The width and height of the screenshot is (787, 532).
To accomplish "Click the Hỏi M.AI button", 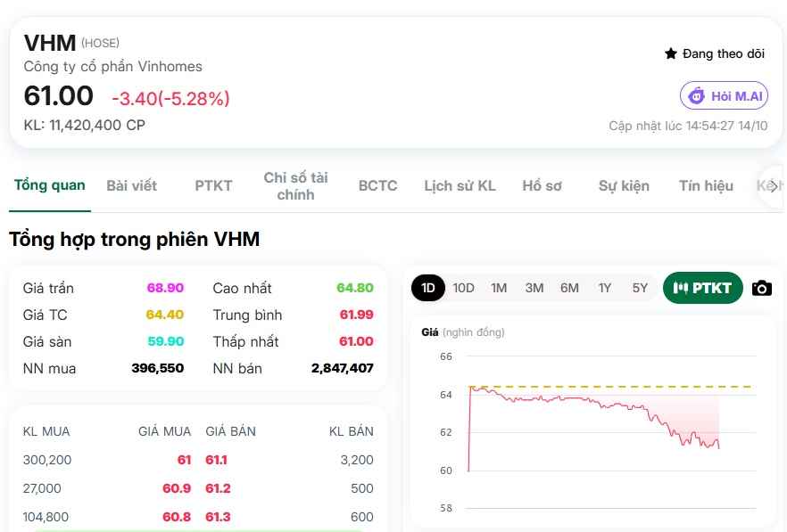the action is click(x=724, y=95).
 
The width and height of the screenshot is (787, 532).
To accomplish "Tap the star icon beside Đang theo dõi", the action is click(x=671, y=53).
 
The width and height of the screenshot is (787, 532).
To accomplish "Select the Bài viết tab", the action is click(x=131, y=186).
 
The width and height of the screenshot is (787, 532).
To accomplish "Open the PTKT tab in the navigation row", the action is click(x=213, y=186).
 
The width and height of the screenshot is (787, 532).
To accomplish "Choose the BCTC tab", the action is click(x=378, y=186).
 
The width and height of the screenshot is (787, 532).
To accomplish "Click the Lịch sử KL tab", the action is click(x=460, y=186).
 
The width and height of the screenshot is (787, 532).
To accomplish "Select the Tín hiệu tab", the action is click(x=706, y=186).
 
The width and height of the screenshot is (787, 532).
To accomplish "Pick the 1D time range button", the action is click(x=428, y=288).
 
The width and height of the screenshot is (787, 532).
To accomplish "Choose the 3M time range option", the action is click(x=534, y=288).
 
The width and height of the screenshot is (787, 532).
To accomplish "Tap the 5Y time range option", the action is click(x=640, y=288).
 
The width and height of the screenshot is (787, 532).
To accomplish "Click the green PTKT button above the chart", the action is click(x=703, y=288).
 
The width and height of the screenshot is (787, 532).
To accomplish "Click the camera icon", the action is click(x=761, y=289).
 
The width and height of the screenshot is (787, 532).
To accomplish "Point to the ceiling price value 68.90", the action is click(x=165, y=288).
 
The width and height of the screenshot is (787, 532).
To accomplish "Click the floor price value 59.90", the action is click(x=166, y=341).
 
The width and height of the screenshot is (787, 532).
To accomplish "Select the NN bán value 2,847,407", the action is click(x=343, y=369).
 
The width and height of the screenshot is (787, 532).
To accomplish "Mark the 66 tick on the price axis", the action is click(x=446, y=356).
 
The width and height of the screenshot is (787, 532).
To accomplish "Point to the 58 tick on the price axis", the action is click(x=446, y=508).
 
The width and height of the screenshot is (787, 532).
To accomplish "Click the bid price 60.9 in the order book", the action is click(x=177, y=488).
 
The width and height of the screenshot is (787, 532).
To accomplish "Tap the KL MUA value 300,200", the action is click(x=47, y=460).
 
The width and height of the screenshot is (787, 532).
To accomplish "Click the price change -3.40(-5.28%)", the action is click(x=170, y=98).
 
